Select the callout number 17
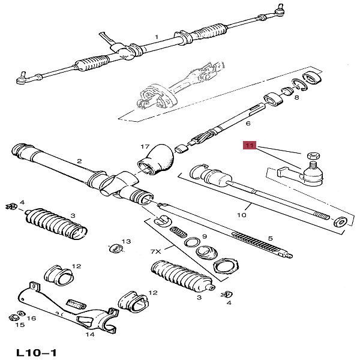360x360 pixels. tap(145, 146)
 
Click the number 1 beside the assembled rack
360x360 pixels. tap(157, 37)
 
